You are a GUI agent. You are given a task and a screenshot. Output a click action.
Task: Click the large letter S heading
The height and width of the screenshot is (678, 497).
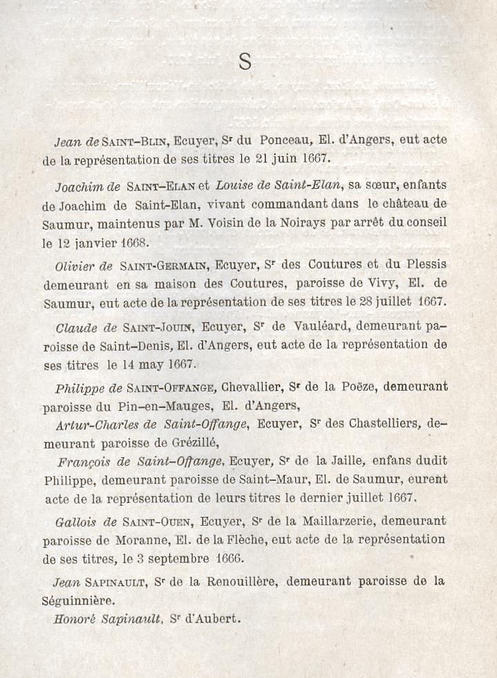[x=245, y=62]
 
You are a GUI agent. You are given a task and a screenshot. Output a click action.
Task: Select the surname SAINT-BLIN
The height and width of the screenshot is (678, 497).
[x=135, y=141]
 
